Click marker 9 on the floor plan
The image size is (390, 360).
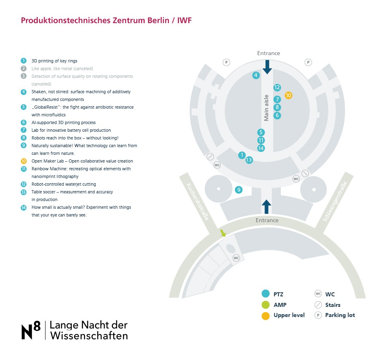click(239, 190)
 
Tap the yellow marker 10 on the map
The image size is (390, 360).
click(288, 95)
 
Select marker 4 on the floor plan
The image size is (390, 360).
click(256, 75)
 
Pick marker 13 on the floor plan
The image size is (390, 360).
click(249, 160)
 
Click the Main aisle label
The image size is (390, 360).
click(266, 108)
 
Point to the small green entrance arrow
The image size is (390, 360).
click(223, 233)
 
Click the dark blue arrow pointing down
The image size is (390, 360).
click(267, 67)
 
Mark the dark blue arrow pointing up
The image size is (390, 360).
click(266, 207)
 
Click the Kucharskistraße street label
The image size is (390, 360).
click(198, 201)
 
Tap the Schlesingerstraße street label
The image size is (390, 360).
click(335, 201)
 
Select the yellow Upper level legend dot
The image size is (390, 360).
click(266, 316)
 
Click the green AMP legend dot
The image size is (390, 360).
click(266, 305)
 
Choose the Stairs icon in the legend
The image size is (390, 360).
click(318, 304)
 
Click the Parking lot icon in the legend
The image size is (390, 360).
click(318, 315)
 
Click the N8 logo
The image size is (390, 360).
click(31, 330)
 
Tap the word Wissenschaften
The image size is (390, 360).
click(89, 336)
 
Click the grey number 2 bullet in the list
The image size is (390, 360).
click(24, 69)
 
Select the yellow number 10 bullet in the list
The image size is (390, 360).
click(24, 161)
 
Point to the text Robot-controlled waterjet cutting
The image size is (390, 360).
click(64, 184)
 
